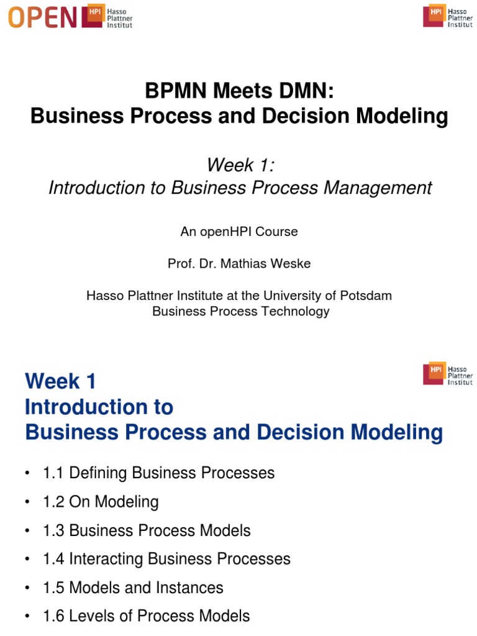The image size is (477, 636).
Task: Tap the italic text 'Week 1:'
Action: (x=239, y=165)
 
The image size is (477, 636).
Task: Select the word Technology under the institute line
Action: (x=295, y=311)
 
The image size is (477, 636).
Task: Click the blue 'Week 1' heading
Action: (x=61, y=381)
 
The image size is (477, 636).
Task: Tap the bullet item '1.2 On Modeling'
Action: (x=101, y=502)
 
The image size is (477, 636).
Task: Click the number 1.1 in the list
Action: (x=54, y=473)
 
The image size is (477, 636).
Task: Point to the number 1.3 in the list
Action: (x=54, y=530)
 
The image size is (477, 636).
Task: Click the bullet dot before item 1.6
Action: (x=28, y=617)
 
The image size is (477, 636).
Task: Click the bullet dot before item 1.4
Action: (x=28, y=560)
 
